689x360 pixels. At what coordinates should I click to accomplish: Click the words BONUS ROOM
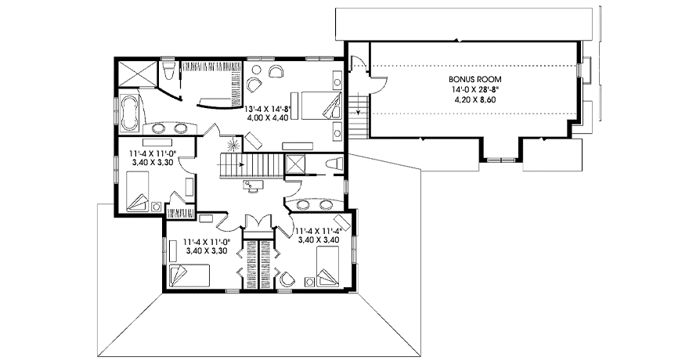click(x=475, y=80)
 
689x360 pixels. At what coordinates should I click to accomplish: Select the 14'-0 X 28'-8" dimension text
click(x=475, y=90)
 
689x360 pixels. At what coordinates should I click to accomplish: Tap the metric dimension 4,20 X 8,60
click(x=475, y=99)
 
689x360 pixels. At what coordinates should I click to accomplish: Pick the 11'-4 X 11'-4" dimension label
click(x=318, y=231)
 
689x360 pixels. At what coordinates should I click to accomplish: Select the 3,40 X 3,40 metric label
click(x=318, y=240)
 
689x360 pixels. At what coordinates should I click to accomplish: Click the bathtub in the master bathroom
click(x=129, y=113)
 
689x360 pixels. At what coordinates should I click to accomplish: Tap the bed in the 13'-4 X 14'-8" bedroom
click(x=322, y=105)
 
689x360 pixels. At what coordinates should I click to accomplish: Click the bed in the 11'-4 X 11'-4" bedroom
click(x=327, y=265)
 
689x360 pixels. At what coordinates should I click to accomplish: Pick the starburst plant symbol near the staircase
click(x=233, y=144)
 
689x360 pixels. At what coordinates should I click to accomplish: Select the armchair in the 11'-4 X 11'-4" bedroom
click(x=287, y=278)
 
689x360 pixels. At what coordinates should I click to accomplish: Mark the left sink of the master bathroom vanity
click(x=159, y=129)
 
